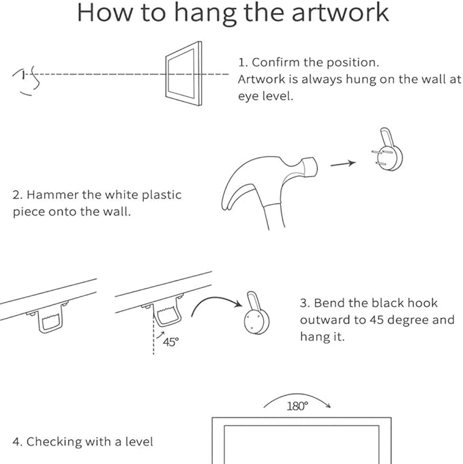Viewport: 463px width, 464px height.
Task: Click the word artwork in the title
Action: [340, 13]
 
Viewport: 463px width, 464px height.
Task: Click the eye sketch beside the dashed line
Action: [26, 81]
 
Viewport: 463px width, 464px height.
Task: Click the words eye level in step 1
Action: [265, 96]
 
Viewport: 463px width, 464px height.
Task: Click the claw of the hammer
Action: [237, 190]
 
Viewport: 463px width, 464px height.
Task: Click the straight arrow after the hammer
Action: [343, 164]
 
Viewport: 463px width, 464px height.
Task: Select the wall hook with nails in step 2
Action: [387, 150]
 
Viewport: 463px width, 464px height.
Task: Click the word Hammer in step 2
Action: [53, 195]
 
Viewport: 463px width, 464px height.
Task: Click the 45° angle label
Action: [171, 342]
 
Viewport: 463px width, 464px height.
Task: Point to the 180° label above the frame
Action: [297, 406]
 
